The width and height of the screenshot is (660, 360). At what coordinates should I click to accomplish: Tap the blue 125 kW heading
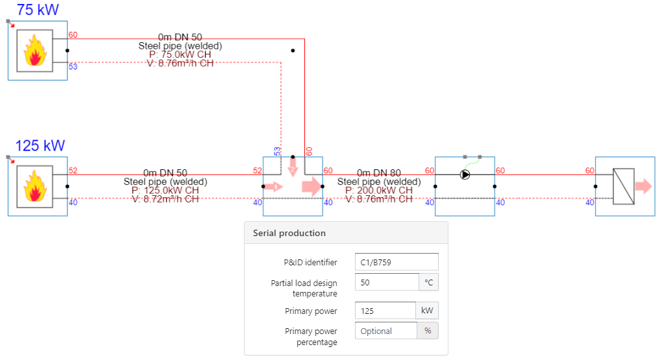(40, 145)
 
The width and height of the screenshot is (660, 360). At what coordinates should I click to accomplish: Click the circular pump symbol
(465, 174)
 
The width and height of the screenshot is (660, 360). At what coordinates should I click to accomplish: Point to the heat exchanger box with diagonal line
(624, 186)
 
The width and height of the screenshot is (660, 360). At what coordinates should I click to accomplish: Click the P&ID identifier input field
(397, 262)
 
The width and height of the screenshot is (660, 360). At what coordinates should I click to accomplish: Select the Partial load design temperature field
(387, 282)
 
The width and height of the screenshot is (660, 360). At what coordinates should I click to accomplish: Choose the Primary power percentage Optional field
(385, 331)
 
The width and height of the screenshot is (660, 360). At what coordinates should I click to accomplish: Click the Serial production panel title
(289, 233)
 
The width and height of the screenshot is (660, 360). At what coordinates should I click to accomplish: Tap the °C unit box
(428, 282)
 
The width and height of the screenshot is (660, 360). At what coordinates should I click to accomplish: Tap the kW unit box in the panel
(427, 311)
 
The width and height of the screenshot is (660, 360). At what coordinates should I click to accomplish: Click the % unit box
(428, 331)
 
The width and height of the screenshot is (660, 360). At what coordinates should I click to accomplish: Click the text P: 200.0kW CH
(378, 191)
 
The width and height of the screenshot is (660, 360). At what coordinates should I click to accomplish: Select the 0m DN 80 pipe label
(378, 173)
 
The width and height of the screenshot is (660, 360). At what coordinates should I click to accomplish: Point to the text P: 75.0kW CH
(180, 54)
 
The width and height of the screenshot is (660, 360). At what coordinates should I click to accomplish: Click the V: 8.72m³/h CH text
(165, 199)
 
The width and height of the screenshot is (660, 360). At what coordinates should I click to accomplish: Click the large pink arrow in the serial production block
(311, 186)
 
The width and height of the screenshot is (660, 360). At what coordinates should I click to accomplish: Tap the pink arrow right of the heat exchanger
(643, 187)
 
